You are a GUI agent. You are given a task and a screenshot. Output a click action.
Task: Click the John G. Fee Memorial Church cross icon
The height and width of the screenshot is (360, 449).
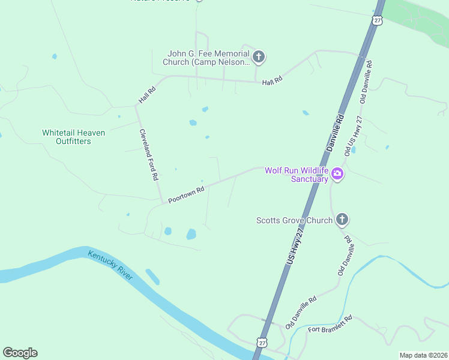click(x=259, y=58)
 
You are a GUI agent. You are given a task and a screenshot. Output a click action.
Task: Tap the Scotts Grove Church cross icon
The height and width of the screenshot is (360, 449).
click(x=342, y=219)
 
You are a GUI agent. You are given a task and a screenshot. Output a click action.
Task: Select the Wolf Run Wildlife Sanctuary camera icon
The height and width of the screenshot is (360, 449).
click(x=337, y=175)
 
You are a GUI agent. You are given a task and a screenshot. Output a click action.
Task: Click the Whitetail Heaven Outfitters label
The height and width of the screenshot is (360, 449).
click(x=73, y=137)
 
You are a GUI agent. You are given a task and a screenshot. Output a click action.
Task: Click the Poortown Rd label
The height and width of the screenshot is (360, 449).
click(x=186, y=194)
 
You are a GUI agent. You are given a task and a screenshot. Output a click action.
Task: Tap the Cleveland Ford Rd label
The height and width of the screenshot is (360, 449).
click(x=148, y=155)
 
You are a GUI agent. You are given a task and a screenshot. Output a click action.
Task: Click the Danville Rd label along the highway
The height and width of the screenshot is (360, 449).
click(x=335, y=132)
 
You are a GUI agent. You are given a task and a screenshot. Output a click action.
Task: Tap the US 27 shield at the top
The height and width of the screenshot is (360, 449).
click(x=377, y=20)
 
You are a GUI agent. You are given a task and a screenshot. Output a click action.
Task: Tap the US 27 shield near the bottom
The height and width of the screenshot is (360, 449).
click(x=261, y=342)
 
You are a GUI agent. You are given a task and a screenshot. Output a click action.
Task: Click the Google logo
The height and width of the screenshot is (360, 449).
click(x=20, y=353)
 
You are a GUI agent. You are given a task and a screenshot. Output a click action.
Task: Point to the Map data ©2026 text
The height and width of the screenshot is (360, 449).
click(x=423, y=355)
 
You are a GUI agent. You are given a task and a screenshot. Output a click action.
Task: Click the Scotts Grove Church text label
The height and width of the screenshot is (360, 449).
click(x=294, y=220)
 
